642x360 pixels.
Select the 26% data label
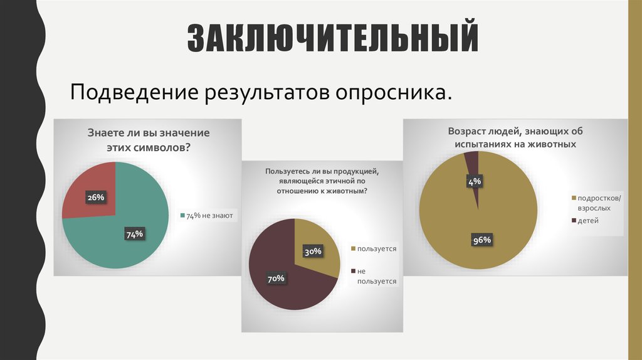(95, 198)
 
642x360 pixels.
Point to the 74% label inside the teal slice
(135, 235)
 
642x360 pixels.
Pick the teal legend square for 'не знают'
(182, 216)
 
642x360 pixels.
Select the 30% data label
(313, 251)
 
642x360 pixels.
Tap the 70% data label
(276, 278)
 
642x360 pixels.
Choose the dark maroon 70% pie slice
(276, 257)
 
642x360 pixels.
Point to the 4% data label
(474, 182)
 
